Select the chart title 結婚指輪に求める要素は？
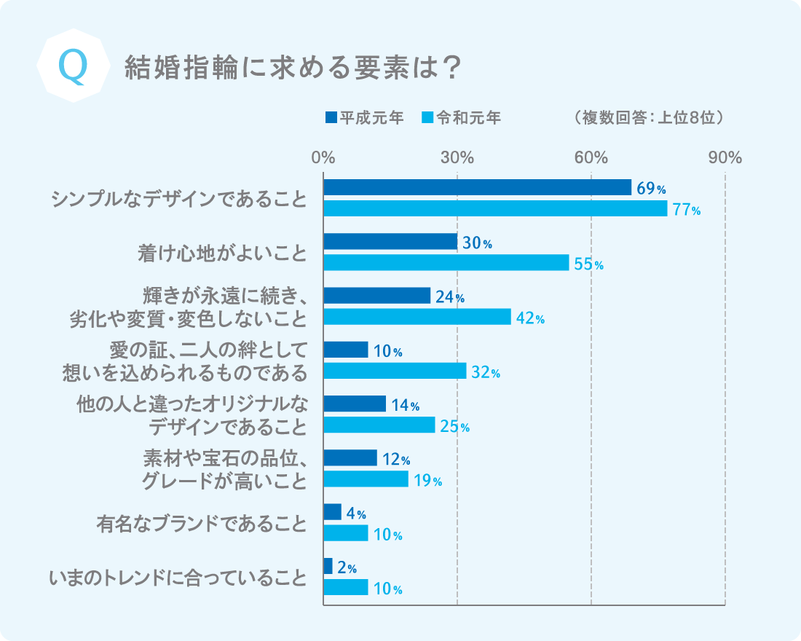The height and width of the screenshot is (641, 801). pos(293,68)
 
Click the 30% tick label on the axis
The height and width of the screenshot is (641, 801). pos(457,157)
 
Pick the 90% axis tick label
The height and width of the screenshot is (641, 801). pos(725,157)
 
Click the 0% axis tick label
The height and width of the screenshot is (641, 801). pos(323,157)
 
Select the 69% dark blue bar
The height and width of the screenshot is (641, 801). pos(477,187)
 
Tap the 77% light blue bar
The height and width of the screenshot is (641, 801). pos(495,208)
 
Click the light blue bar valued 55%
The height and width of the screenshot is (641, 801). pos(446,262)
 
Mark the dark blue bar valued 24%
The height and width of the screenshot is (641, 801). pos(376,296)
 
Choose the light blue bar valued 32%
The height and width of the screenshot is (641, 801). pos(395,371)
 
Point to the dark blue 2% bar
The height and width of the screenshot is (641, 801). pos(328,566)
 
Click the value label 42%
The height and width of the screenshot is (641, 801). pos(531,318)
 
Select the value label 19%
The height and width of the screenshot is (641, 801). pos(428,480)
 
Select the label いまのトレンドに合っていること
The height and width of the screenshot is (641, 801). pos(178,578)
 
